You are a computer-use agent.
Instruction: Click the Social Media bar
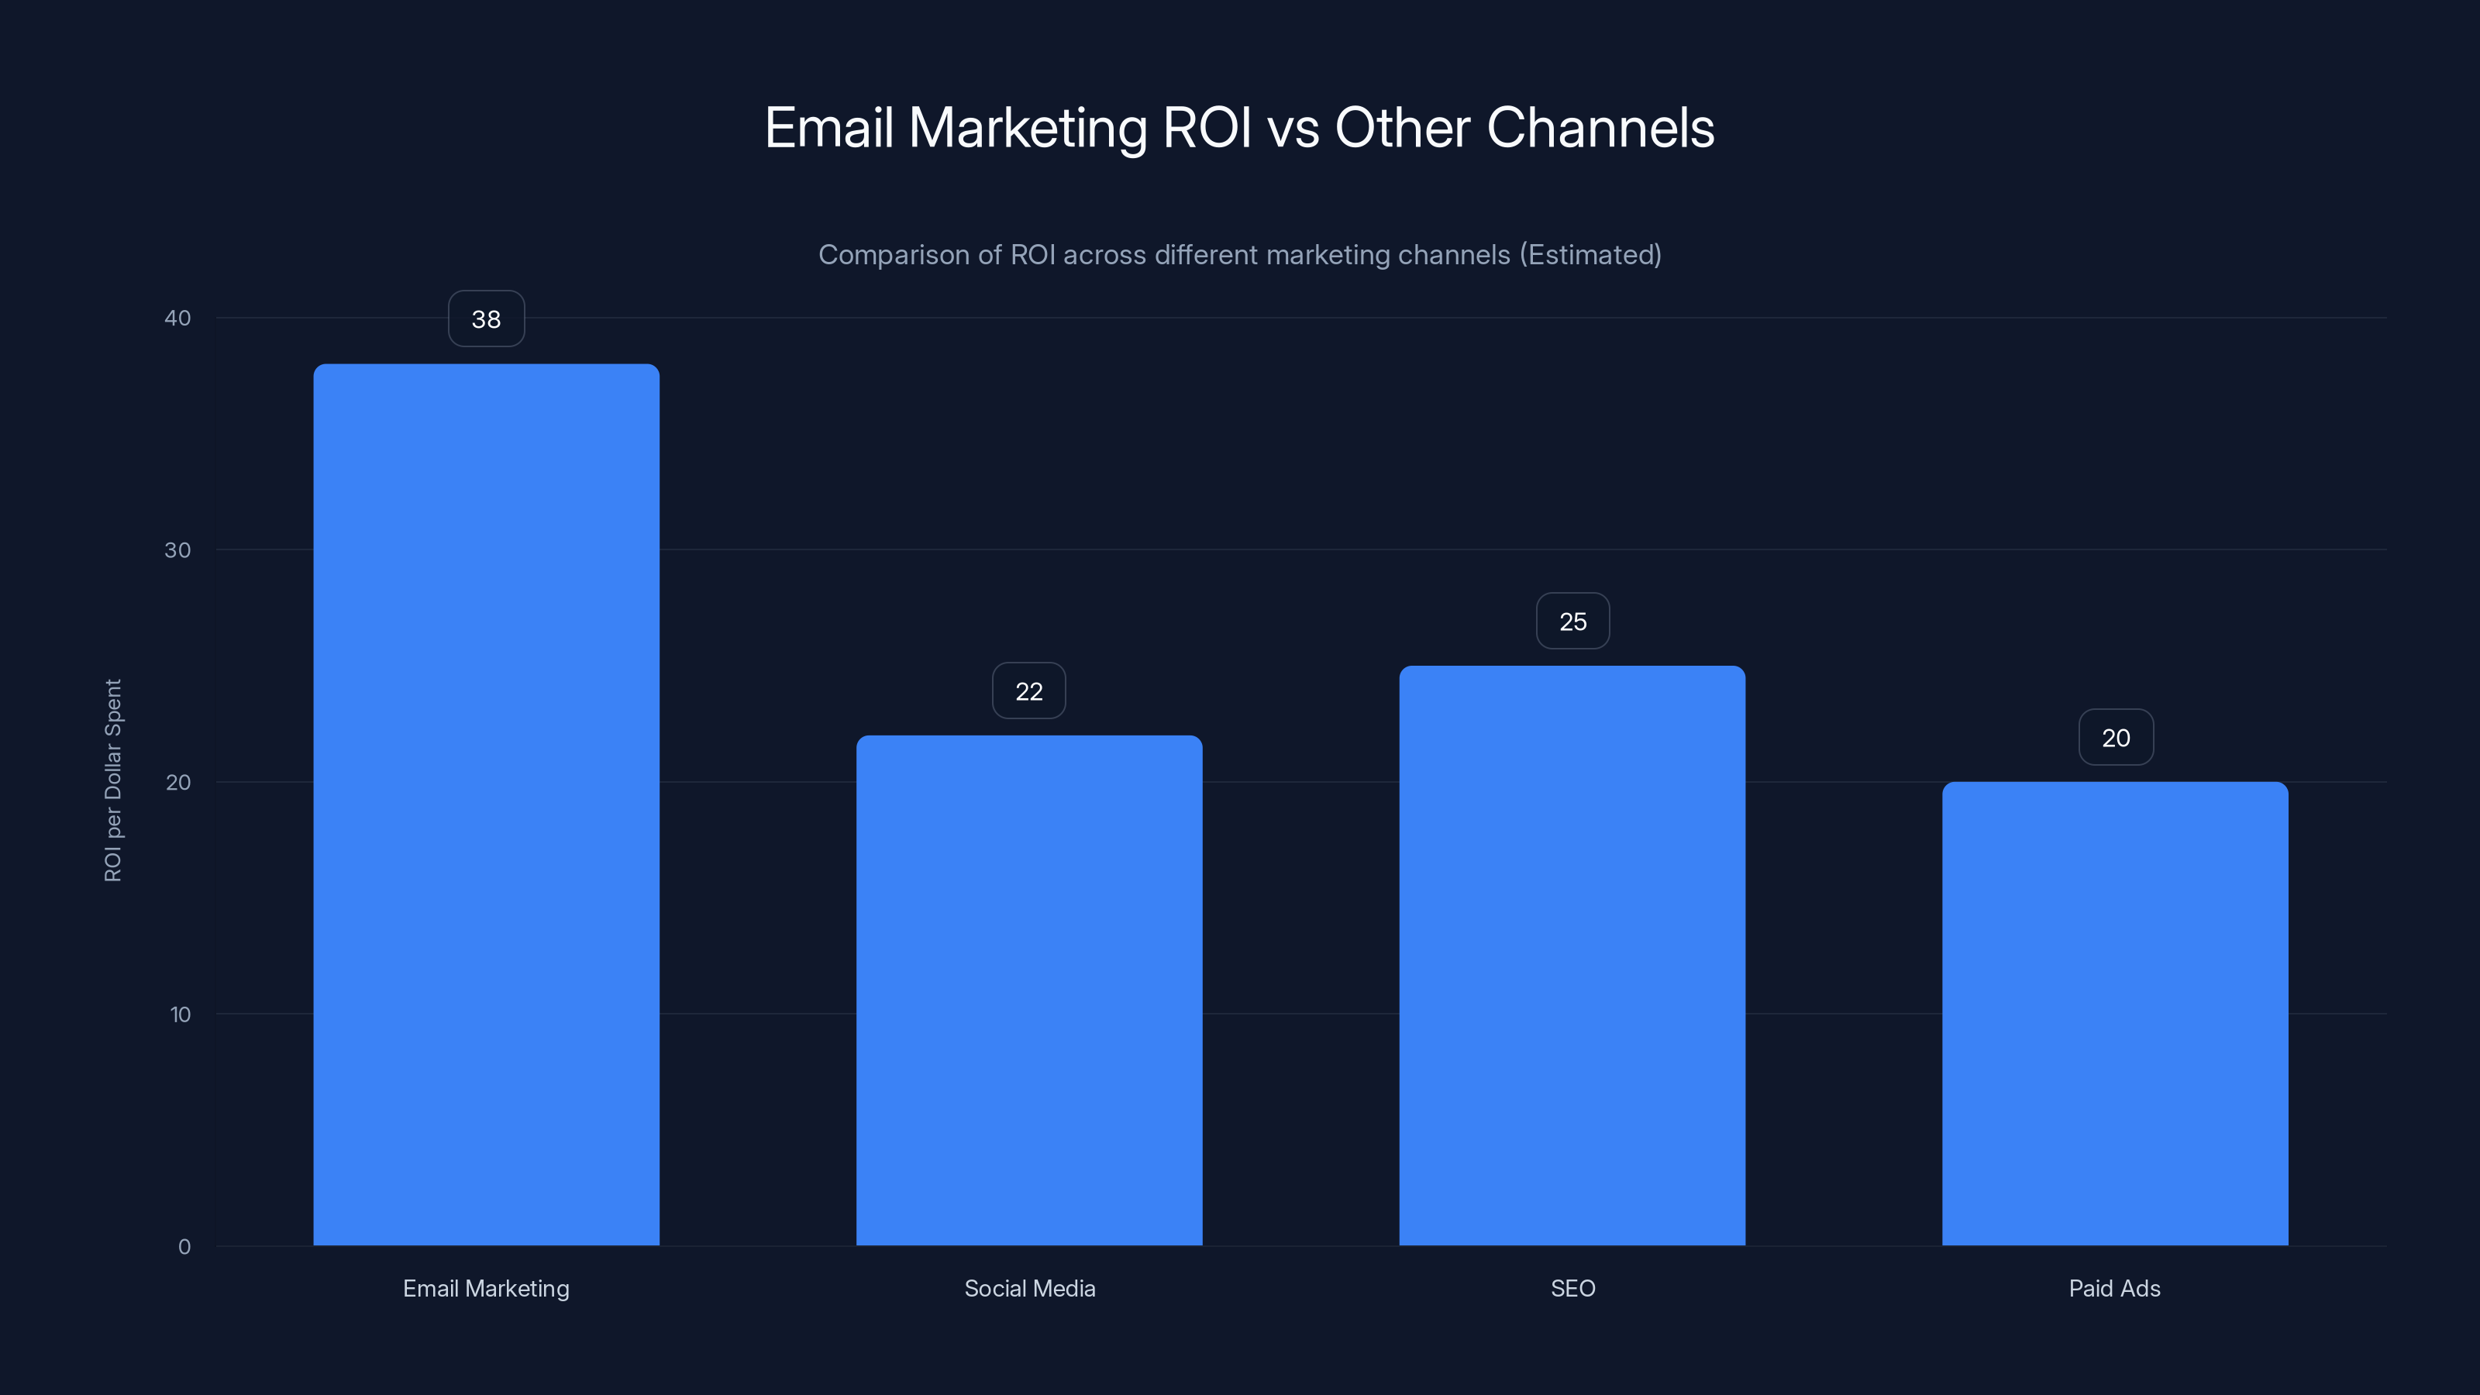click(1029, 990)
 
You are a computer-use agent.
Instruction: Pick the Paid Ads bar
click(2115, 1013)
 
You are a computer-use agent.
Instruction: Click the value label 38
click(486, 319)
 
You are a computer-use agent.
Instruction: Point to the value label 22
click(1029, 691)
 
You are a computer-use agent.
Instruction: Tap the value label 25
click(1572, 622)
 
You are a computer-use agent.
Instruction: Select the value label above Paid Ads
click(2115, 738)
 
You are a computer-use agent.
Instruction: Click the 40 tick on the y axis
click(177, 318)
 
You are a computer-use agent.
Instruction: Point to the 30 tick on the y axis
click(177, 549)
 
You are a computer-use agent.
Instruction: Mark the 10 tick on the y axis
click(180, 1014)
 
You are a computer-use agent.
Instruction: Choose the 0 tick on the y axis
click(184, 1247)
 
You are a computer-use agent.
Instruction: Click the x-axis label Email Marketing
click(486, 1288)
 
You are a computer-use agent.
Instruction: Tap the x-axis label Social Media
click(1029, 1288)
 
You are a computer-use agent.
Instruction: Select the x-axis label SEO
click(1572, 1288)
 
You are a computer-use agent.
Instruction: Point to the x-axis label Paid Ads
click(2114, 1288)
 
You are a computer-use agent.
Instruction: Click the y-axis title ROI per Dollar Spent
click(112, 780)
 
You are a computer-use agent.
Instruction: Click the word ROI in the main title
click(1207, 128)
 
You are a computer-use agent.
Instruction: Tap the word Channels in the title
click(1600, 128)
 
